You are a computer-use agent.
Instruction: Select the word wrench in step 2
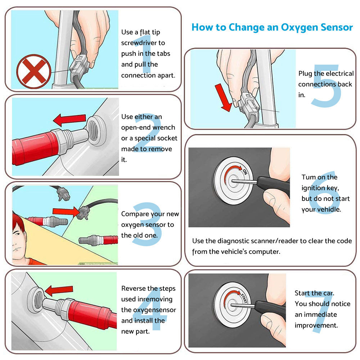coord(164,127)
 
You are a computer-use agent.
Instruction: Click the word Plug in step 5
coord(305,73)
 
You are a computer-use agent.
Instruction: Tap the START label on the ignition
coord(244,298)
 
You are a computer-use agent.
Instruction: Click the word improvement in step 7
coord(316,325)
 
